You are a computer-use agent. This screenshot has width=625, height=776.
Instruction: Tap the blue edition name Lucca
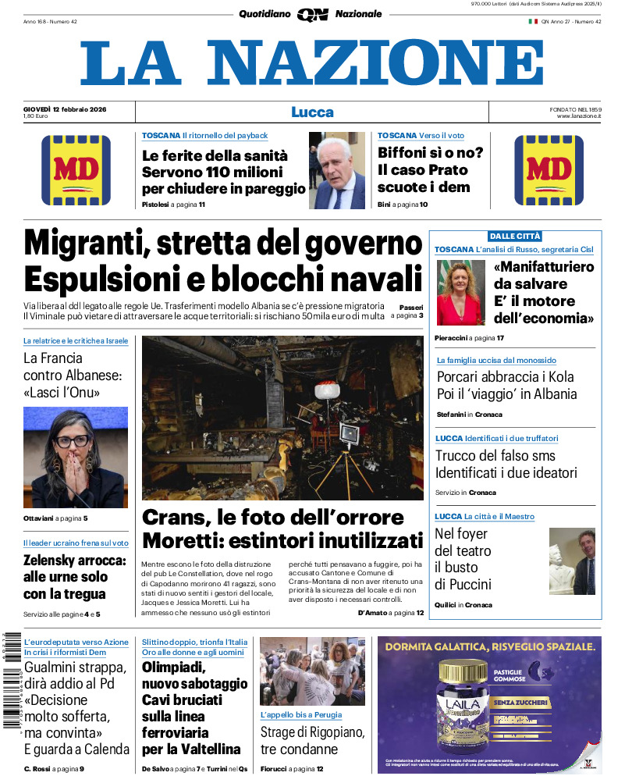(x=312, y=112)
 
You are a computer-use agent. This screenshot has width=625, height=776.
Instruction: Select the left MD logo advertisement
(x=76, y=170)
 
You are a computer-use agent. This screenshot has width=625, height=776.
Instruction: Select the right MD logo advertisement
(x=549, y=170)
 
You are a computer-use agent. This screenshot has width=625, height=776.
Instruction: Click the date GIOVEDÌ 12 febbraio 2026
(x=65, y=109)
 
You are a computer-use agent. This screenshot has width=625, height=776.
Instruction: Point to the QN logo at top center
(x=312, y=14)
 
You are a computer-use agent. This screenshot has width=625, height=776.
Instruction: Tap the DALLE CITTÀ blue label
(x=515, y=236)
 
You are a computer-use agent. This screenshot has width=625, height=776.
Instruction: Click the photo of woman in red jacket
(x=460, y=293)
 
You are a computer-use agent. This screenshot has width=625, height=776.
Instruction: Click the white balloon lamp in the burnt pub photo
(x=325, y=391)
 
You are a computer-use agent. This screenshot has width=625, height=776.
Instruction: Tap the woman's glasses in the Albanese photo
(x=73, y=441)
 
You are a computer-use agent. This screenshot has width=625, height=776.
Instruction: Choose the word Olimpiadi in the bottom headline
(x=173, y=667)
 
